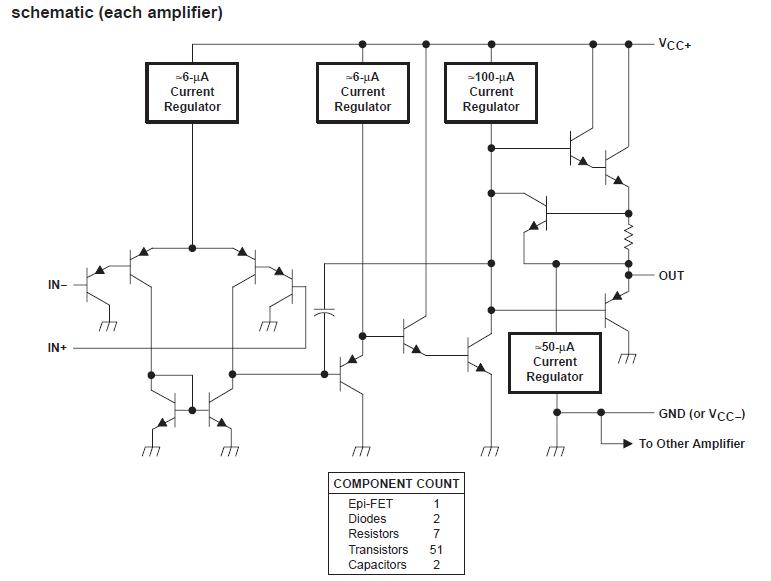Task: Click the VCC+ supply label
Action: [x=674, y=44]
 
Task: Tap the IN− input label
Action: [x=57, y=285]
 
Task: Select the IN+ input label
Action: [x=57, y=348]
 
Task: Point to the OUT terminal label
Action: [x=671, y=275]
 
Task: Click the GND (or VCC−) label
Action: [x=701, y=414]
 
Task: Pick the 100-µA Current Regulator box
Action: [x=491, y=92]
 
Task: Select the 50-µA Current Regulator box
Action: [x=554, y=362]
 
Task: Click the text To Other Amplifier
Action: [x=691, y=443]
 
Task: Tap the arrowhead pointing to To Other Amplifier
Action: [x=627, y=443]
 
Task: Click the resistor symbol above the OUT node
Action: [x=629, y=239]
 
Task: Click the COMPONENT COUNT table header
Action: [x=396, y=483]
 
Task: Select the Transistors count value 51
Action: [x=436, y=549]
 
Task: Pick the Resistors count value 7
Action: [x=436, y=534]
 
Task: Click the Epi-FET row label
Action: [x=364, y=504]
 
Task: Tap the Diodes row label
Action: [x=366, y=519]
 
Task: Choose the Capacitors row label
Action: [x=377, y=564]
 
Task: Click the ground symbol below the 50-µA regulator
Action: [x=555, y=451]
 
